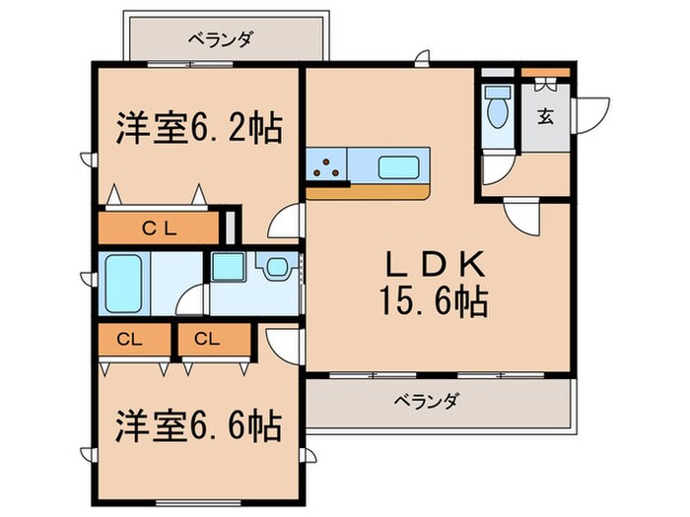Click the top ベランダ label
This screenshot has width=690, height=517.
tap(220, 39)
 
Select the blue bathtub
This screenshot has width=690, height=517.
tap(124, 281)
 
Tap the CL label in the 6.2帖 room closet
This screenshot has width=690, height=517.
tap(158, 228)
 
